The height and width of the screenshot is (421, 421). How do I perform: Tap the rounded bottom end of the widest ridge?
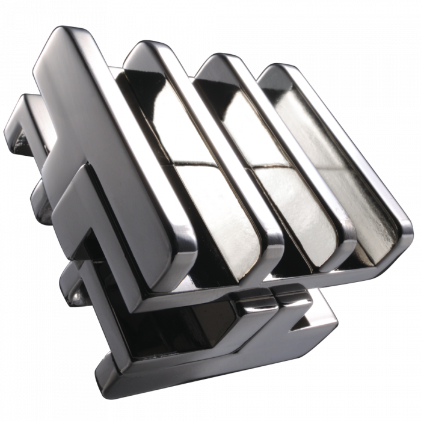coord(174,262)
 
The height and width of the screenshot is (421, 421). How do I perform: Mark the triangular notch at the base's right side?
coord(301,325)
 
